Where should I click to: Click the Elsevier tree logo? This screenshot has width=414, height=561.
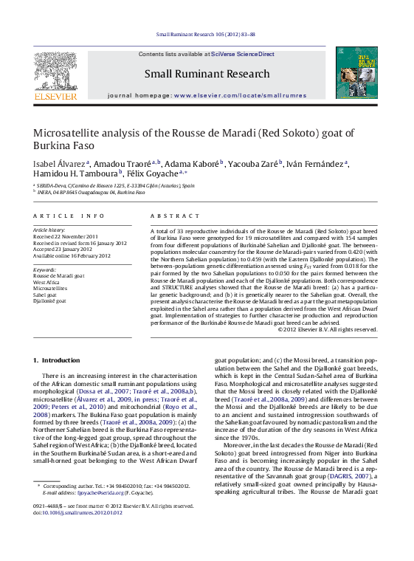(x=55, y=73)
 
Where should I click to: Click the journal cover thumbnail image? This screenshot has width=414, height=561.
(x=356, y=72)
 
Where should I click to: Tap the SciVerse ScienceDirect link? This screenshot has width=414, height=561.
(x=242, y=55)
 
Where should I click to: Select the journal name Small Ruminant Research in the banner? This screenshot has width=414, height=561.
(x=207, y=74)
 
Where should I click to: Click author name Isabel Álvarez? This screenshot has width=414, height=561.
(x=59, y=164)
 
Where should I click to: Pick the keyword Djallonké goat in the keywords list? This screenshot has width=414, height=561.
(x=49, y=301)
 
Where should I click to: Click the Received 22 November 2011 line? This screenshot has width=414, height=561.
(x=66, y=236)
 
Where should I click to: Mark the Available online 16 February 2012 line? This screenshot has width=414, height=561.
(x=72, y=255)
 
